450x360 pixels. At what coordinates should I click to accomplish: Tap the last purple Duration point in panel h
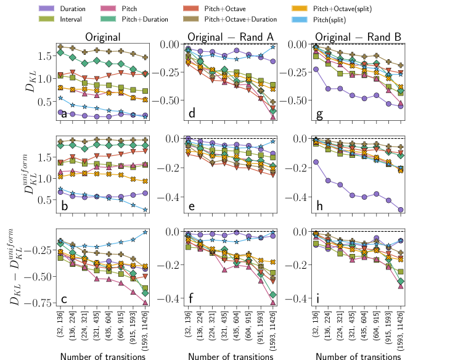(401, 210)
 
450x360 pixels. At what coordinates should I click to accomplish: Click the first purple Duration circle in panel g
(316, 69)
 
